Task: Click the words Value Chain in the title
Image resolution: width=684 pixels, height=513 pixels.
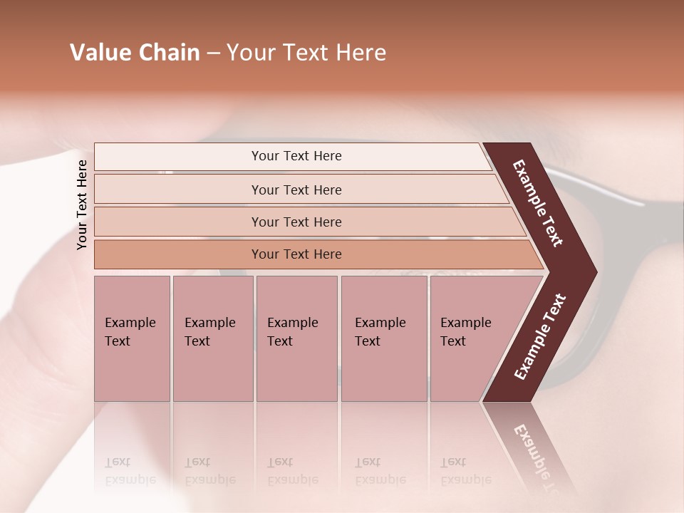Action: click(x=135, y=53)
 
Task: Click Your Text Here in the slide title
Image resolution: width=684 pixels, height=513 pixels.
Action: click(x=306, y=53)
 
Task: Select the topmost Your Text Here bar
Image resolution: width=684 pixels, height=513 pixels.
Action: click(x=296, y=156)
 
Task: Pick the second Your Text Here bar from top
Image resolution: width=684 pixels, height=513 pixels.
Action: click(x=296, y=190)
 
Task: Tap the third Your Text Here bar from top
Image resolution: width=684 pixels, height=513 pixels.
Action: click(x=296, y=222)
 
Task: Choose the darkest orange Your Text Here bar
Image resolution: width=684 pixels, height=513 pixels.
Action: click(x=296, y=254)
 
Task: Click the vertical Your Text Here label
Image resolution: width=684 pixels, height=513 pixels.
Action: click(x=82, y=204)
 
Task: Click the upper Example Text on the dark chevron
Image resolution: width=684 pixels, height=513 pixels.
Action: click(x=538, y=204)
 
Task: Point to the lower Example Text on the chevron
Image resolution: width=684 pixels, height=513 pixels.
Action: click(x=540, y=337)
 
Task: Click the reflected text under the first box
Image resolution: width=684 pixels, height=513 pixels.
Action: click(x=130, y=471)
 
